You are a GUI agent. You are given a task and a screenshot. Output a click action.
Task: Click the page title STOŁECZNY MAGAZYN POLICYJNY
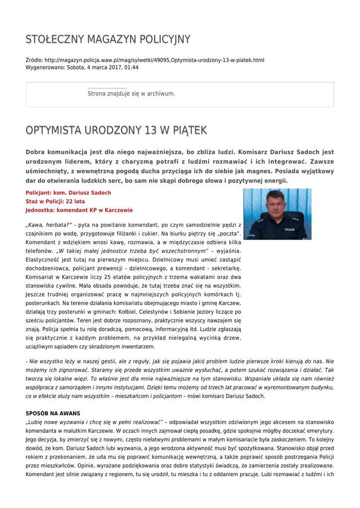point(108,39)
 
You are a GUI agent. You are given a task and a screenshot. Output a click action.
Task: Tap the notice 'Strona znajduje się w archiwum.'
point(131,93)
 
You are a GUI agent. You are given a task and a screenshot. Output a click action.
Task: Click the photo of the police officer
point(277,214)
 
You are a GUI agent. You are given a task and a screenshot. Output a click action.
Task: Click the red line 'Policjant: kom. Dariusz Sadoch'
point(68,192)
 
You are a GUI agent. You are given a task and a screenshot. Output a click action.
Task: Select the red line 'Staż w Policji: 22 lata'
point(55,201)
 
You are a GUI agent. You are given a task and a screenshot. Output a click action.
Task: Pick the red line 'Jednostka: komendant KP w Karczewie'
point(79,210)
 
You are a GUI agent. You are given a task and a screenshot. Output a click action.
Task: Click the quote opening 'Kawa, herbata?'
point(49,225)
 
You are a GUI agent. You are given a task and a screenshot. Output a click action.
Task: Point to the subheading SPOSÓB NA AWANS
point(53,413)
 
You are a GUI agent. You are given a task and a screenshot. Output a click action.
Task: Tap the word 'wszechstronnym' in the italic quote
point(180,251)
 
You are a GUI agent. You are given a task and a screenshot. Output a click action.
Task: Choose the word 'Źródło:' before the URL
point(34,60)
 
